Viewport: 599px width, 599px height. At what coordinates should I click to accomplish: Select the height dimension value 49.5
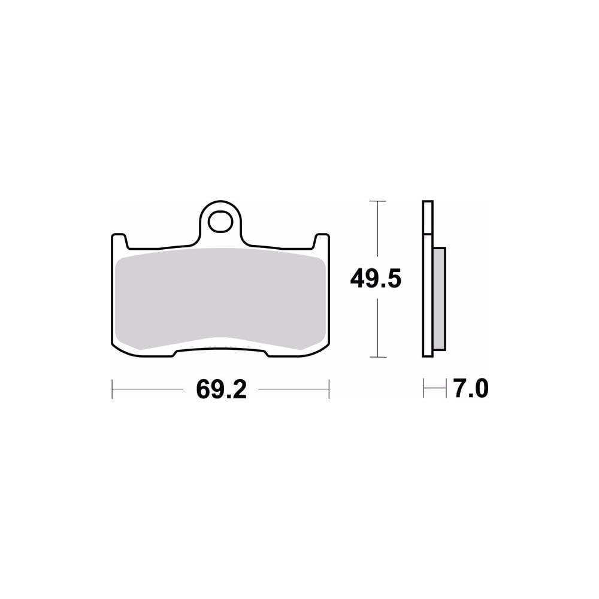pyautogui.click(x=376, y=279)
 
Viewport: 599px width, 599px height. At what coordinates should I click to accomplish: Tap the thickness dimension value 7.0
pyautogui.click(x=470, y=389)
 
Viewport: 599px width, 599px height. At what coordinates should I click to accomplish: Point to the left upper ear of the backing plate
pyautogui.click(x=119, y=240)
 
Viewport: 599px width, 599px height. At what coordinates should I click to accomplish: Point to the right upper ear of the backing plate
pyautogui.click(x=322, y=240)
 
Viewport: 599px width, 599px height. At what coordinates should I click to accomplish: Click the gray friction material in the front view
pyautogui.click(x=220, y=299)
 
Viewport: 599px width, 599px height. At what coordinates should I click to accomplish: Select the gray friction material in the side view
pyautogui.click(x=439, y=299)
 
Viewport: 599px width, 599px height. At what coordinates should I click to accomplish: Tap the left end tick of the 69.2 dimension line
pyautogui.click(x=112, y=389)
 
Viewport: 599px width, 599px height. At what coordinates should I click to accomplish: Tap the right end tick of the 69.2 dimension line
pyautogui.click(x=329, y=389)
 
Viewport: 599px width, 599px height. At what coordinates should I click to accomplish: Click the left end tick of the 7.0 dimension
pyautogui.click(x=423, y=389)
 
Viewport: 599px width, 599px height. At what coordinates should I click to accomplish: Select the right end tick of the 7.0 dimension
pyautogui.click(x=446, y=389)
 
